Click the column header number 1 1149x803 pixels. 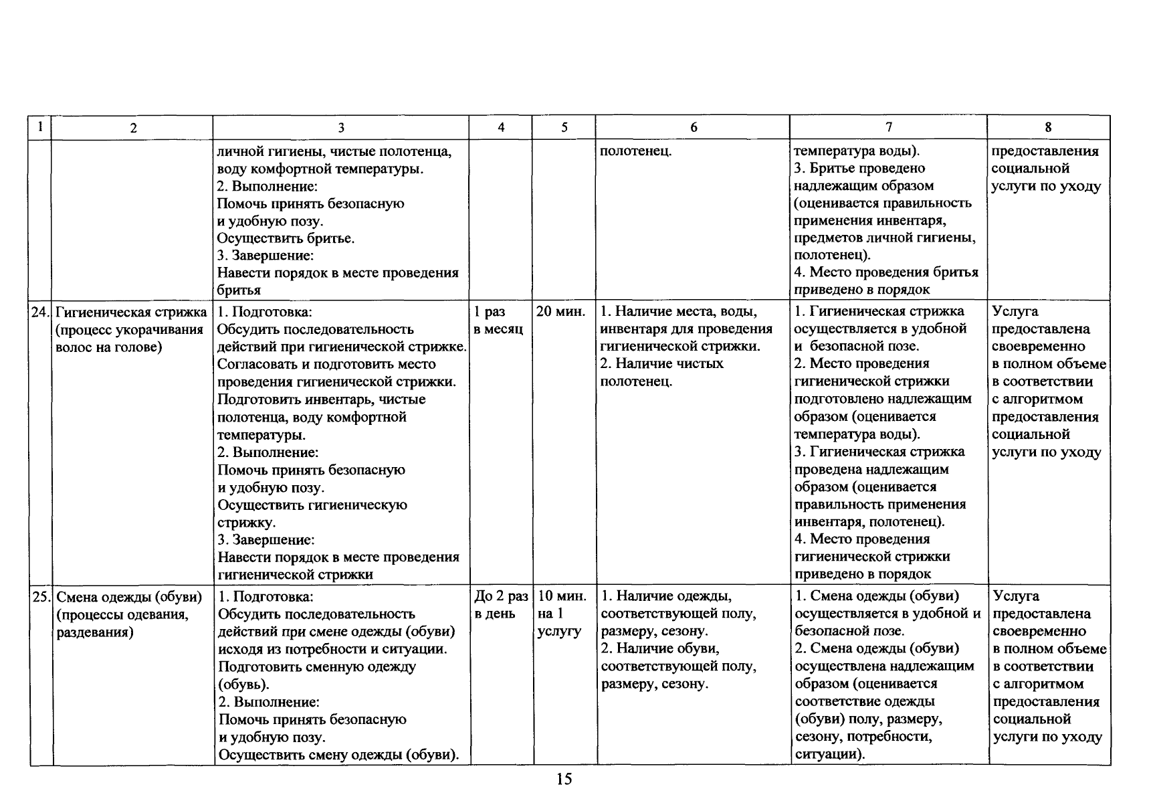(x=40, y=126)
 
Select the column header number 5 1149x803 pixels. (x=564, y=127)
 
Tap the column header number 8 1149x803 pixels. (x=1048, y=127)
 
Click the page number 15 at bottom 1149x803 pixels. (x=564, y=779)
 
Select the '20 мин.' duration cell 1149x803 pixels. (x=561, y=312)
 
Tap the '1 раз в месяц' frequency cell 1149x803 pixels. (x=498, y=321)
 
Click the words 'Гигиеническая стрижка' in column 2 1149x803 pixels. (x=131, y=312)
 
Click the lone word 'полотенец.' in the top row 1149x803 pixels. (x=635, y=151)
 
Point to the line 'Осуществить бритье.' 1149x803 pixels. (x=286, y=238)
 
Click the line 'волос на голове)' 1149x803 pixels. (x=109, y=347)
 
